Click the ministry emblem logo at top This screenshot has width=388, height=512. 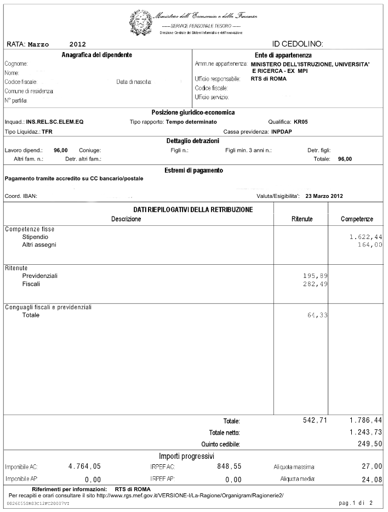point(141,22)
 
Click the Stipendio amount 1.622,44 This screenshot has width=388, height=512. point(366,237)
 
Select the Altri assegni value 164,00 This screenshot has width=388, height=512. point(370,244)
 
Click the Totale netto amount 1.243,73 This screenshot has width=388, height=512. point(366,433)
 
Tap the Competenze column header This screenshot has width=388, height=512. point(357,219)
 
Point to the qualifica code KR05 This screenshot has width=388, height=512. point(301,122)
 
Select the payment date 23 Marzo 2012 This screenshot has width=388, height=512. point(325,196)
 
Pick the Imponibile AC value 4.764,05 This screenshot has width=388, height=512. point(84,467)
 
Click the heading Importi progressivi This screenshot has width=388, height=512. point(186,456)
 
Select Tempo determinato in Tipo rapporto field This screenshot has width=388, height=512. point(191,122)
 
